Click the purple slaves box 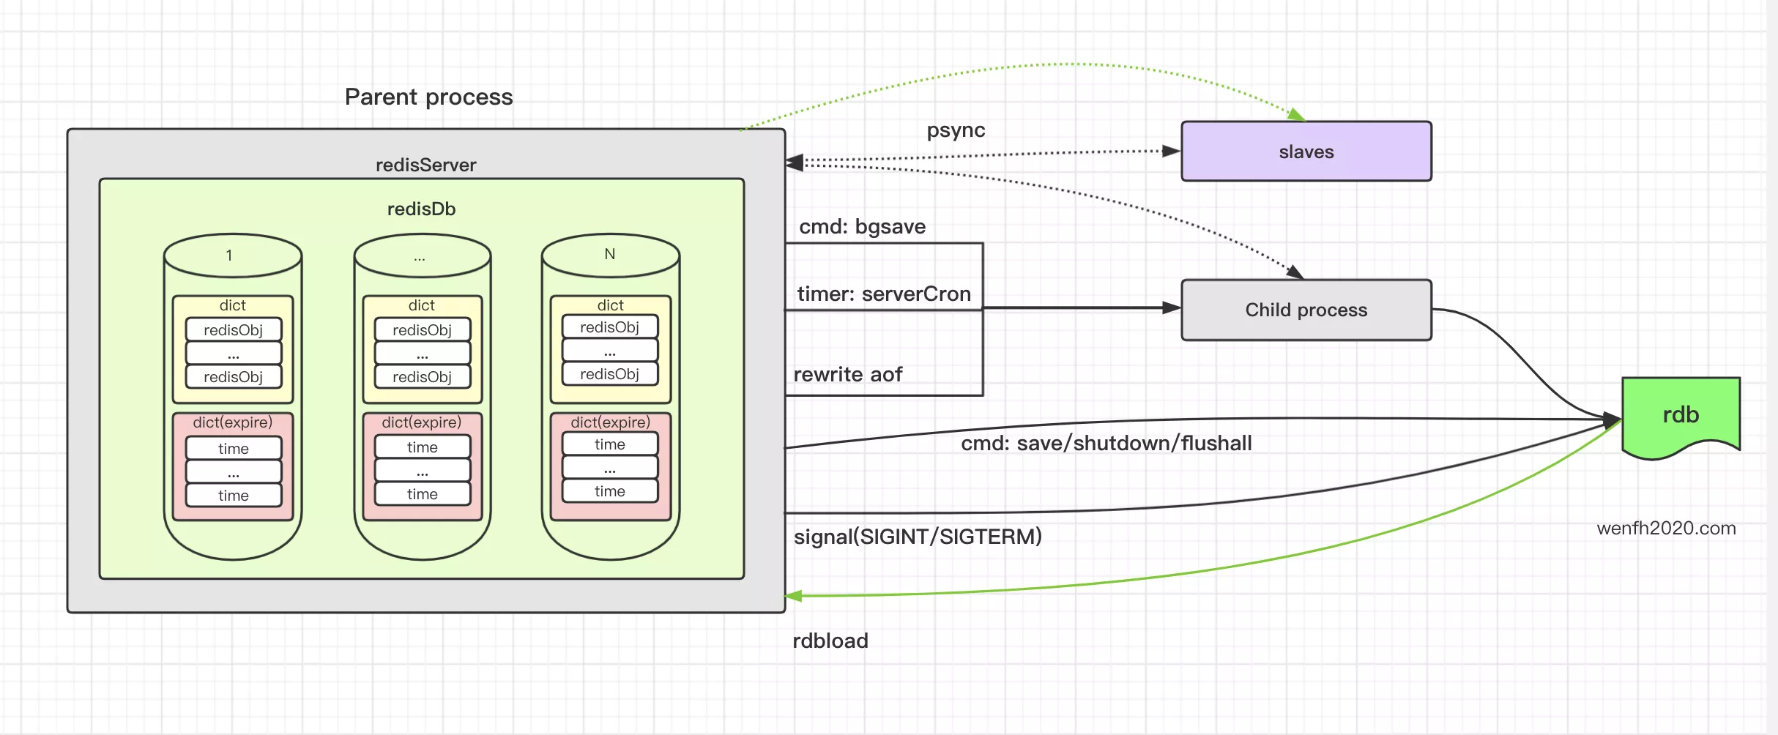point(1306,152)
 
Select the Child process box point(1306,310)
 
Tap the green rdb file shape point(1680,415)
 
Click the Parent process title point(428,97)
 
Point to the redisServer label point(425,165)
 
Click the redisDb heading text point(421,209)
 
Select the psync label point(956,130)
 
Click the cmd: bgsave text point(862,227)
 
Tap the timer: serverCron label point(883,294)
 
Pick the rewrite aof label point(847,375)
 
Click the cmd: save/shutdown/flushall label point(1106,444)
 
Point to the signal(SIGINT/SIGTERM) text point(917,537)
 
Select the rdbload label point(830,641)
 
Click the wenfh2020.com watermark point(1666,529)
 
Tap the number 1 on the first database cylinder point(229,255)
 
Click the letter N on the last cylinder point(609,254)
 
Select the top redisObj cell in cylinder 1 point(233,330)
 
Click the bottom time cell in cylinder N point(609,491)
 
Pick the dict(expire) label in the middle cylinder point(421,422)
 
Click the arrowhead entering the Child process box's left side point(1172,308)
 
